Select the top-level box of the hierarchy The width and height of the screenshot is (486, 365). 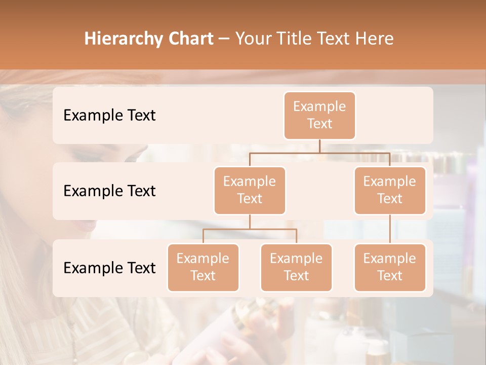tap(319, 116)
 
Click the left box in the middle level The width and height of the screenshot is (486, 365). tap(250, 190)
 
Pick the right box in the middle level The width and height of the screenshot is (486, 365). tap(390, 190)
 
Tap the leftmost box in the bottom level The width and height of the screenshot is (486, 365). tap(203, 267)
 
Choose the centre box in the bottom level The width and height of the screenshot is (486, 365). tap(296, 267)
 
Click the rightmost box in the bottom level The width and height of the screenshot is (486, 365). tap(390, 267)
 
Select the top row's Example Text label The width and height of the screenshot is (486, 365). tap(109, 116)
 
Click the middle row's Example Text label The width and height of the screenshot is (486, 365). tap(109, 191)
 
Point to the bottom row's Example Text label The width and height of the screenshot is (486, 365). tap(109, 268)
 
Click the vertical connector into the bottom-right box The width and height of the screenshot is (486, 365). tap(390, 229)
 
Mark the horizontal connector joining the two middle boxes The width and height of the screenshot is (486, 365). tap(319, 153)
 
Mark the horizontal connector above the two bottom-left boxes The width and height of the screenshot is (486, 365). tap(250, 229)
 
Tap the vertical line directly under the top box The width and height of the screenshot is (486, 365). tap(319, 146)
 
